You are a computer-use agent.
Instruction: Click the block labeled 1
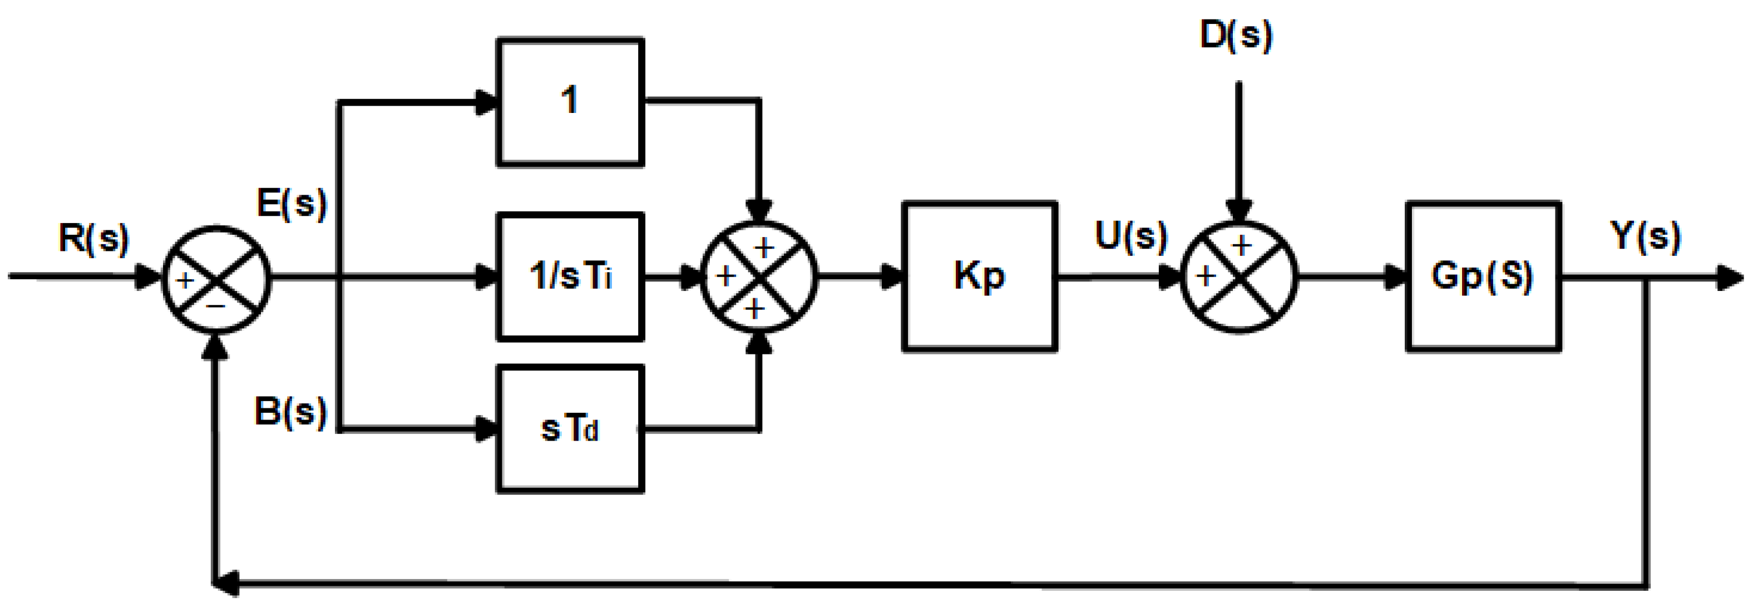pyautogui.click(x=570, y=102)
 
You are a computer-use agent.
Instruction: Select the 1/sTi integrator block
pyautogui.click(x=570, y=277)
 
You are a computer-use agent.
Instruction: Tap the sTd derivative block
pyautogui.click(x=570, y=430)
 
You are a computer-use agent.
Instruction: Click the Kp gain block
pyautogui.click(x=979, y=277)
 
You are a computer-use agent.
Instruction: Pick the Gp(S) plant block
pyautogui.click(x=1483, y=277)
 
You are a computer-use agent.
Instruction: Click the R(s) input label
pyautogui.click(x=93, y=238)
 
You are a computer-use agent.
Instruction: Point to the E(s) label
pyautogui.click(x=292, y=202)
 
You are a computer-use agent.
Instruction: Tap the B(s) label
pyautogui.click(x=290, y=412)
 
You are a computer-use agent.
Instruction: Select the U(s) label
pyautogui.click(x=1131, y=236)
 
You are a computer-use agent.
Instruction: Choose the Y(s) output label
pyautogui.click(x=1646, y=236)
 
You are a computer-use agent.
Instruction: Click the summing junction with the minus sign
pyautogui.click(x=216, y=279)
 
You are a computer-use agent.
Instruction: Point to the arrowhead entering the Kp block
pyautogui.click(x=891, y=277)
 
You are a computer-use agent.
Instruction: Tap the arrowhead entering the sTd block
pyautogui.click(x=487, y=430)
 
